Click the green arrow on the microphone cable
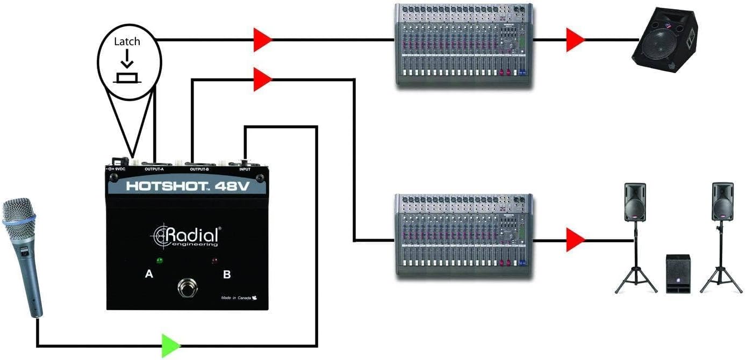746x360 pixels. [x=170, y=345]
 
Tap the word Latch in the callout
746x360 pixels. [x=127, y=41]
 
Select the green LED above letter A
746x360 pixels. [x=159, y=261]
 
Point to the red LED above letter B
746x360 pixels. [x=215, y=262]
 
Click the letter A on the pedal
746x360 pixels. [x=149, y=275]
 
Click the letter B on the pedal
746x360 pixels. [x=227, y=275]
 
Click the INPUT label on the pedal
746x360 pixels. [x=245, y=169]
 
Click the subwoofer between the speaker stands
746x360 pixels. [x=678, y=273]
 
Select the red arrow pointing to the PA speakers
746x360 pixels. [x=574, y=240]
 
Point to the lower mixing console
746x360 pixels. [x=464, y=235]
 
